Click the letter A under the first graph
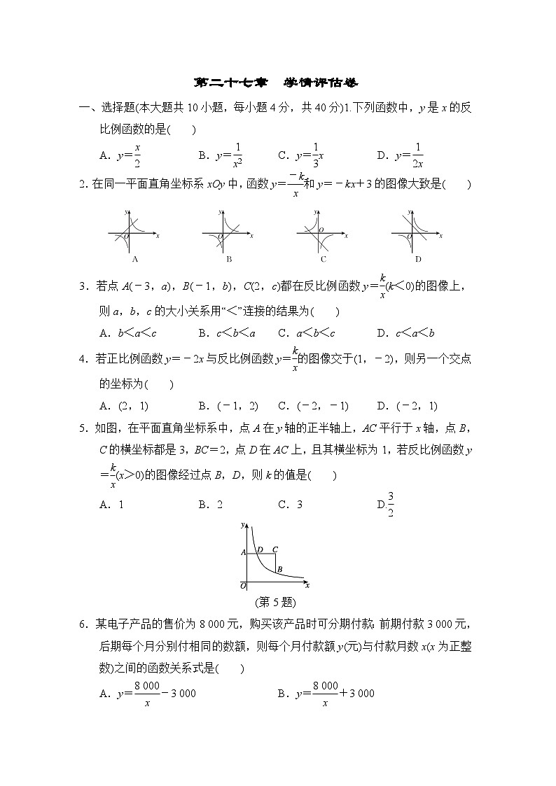pyautogui.click(x=134, y=259)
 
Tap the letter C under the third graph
pyautogui.click(x=324, y=259)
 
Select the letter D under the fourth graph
pyautogui.click(x=418, y=259)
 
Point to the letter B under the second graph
pyautogui.click(x=229, y=259)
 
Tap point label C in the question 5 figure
pyautogui.click(x=274, y=550)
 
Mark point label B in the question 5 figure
pyautogui.click(x=279, y=570)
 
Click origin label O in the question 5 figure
pyautogui.click(x=243, y=584)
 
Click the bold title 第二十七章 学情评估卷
pyautogui.click(x=277, y=83)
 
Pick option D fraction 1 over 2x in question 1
pyautogui.click(x=410, y=155)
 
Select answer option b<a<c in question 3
pyautogui.click(x=125, y=332)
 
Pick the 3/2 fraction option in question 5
pyautogui.click(x=390, y=505)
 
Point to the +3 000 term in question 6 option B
pyautogui.click(x=357, y=694)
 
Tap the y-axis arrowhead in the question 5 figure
pyautogui.click(x=242, y=524)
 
